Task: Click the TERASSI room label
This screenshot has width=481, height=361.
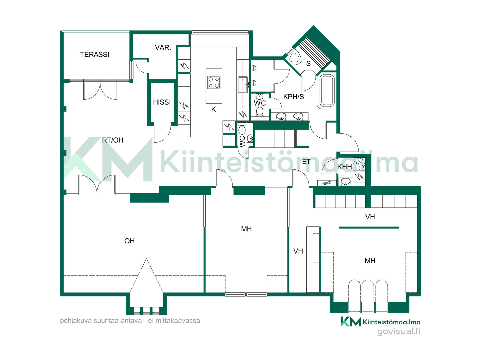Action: (94, 54)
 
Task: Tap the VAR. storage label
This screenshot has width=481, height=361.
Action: (163, 48)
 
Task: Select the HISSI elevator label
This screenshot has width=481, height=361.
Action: (162, 102)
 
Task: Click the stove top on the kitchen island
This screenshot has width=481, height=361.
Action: (214, 82)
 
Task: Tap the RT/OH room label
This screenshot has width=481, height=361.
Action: (113, 140)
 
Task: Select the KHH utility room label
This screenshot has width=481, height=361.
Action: (344, 167)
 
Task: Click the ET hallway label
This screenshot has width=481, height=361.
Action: (306, 162)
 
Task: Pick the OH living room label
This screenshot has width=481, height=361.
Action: (130, 241)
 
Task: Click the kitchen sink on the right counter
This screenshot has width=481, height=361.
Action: (243, 85)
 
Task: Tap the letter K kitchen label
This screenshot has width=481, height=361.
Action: (213, 109)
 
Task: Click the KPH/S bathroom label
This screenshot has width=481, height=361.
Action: (293, 97)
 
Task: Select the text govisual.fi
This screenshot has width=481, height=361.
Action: (399, 331)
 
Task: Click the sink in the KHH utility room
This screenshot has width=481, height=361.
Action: (345, 181)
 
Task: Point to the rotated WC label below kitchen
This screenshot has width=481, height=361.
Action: (242, 142)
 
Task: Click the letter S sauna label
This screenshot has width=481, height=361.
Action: (308, 64)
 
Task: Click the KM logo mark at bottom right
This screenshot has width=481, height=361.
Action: (351, 322)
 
